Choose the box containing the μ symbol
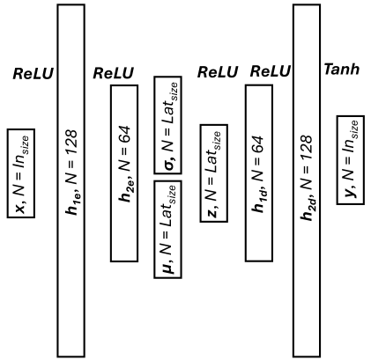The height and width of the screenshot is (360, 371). [x=167, y=228]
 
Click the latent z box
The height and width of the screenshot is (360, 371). [x=212, y=173]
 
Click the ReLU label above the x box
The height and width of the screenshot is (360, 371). [x=33, y=76]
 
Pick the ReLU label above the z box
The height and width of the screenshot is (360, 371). [x=218, y=71]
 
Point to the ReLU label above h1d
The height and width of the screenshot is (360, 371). [x=271, y=71]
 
